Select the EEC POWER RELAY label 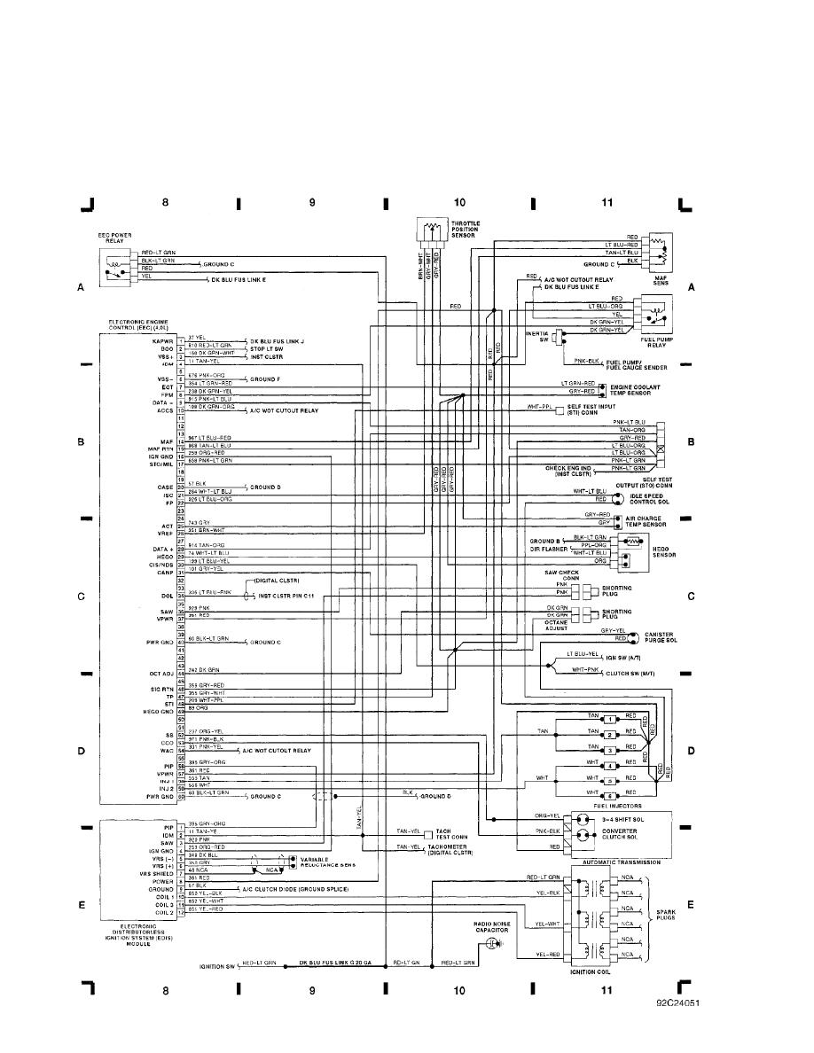tap(115, 238)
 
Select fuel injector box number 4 tap(610, 765)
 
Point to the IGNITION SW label tap(217, 962)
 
